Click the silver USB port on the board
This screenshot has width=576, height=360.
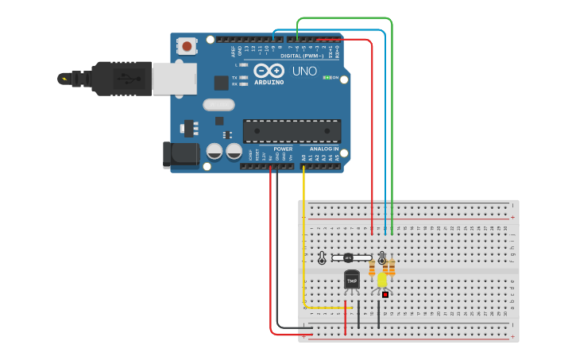tap(174, 79)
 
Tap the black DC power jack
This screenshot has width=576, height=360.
tap(180, 154)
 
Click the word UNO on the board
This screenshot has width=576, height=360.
tap(304, 72)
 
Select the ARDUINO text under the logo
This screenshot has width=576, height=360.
tap(269, 82)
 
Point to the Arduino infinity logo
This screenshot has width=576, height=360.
tap(269, 71)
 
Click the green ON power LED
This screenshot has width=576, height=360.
tap(327, 77)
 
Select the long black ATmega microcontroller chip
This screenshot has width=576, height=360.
tap(292, 131)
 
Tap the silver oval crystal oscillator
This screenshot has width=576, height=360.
tap(218, 104)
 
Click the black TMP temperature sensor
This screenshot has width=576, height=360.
tap(351, 280)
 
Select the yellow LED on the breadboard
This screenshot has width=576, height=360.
tap(382, 280)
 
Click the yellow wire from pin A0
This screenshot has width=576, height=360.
tap(304, 238)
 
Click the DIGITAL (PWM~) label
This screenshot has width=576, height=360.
tap(302, 56)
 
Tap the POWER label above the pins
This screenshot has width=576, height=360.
tap(283, 149)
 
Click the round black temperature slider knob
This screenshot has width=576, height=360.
tap(348, 257)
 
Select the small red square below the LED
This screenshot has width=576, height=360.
tap(385, 294)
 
